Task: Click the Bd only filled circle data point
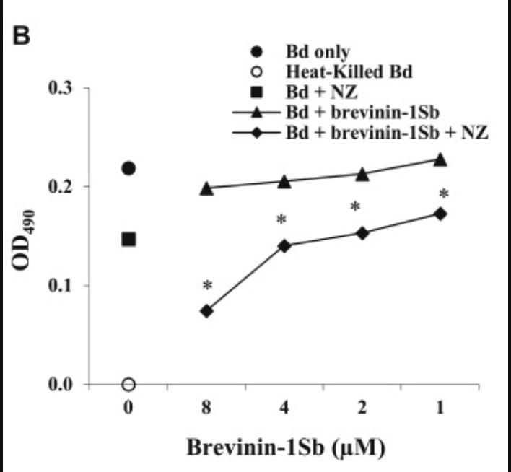pyautogui.click(x=128, y=168)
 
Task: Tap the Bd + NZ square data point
pyautogui.click(x=128, y=239)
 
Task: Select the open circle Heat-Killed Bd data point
pyautogui.click(x=128, y=384)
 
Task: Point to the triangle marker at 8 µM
pyautogui.click(x=206, y=188)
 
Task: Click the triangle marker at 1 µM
pyautogui.click(x=440, y=159)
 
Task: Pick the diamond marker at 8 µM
pyautogui.click(x=206, y=311)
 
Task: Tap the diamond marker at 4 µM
pyautogui.click(x=284, y=246)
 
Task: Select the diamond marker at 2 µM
pyautogui.click(x=362, y=233)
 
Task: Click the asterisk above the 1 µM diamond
pyautogui.click(x=444, y=195)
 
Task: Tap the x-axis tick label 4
pyautogui.click(x=284, y=408)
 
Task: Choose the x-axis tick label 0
pyautogui.click(x=128, y=408)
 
